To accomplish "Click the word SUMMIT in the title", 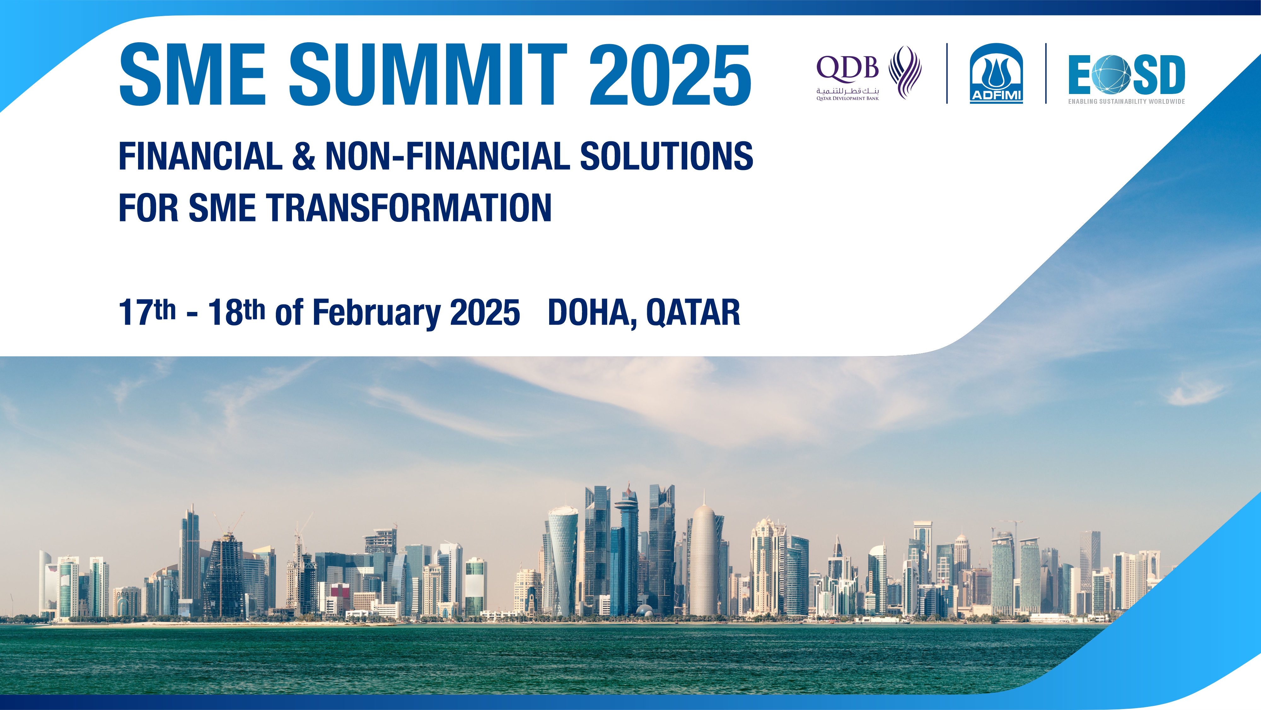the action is (428, 74).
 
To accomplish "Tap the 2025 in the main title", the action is (670, 74).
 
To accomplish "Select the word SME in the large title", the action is (192, 74).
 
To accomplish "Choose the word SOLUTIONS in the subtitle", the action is (666, 156).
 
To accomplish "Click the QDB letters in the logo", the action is (847, 68).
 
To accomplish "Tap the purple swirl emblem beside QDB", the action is (905, 73).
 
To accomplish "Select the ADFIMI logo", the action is (996, 73).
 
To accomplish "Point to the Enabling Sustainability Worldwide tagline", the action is (1126, 101).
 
